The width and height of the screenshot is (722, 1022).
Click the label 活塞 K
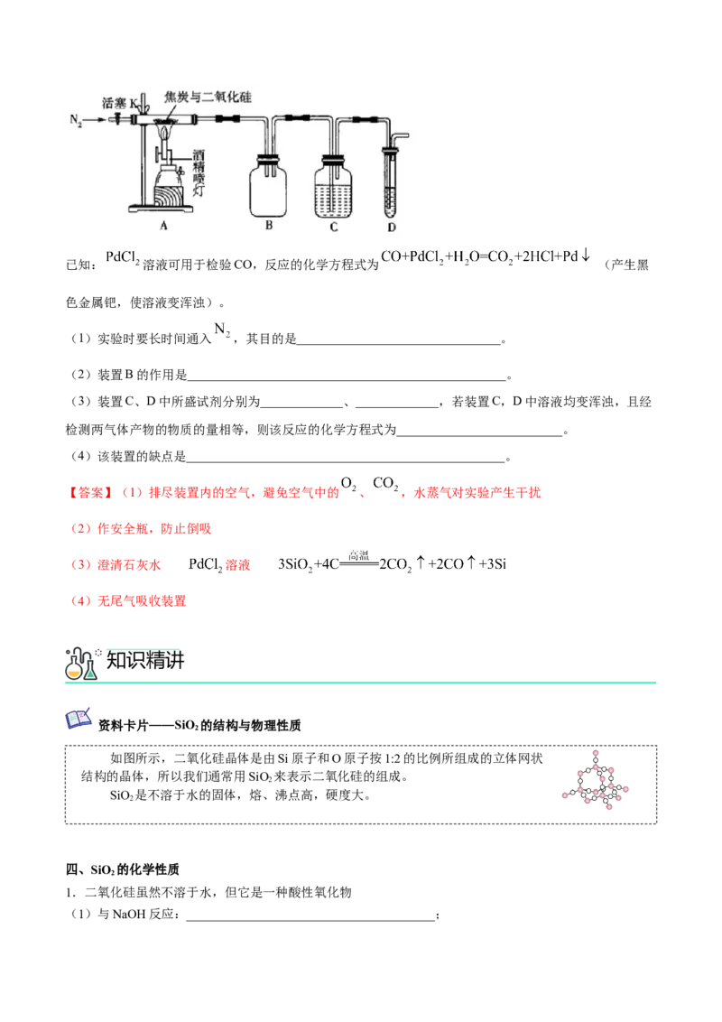(x=120, y=104)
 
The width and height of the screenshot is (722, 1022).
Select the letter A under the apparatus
(x=164, y=227)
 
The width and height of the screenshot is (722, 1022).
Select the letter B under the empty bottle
(x=268, y=227)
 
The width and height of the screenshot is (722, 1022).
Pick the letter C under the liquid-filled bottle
(x=333, y=227)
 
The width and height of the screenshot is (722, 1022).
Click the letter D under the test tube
(x=392, y=227)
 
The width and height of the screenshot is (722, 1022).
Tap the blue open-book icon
(x=79, y=718)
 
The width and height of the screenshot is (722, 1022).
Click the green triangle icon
(x=90, y=674)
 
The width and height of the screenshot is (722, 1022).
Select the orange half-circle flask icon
(x=74, y=672)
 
